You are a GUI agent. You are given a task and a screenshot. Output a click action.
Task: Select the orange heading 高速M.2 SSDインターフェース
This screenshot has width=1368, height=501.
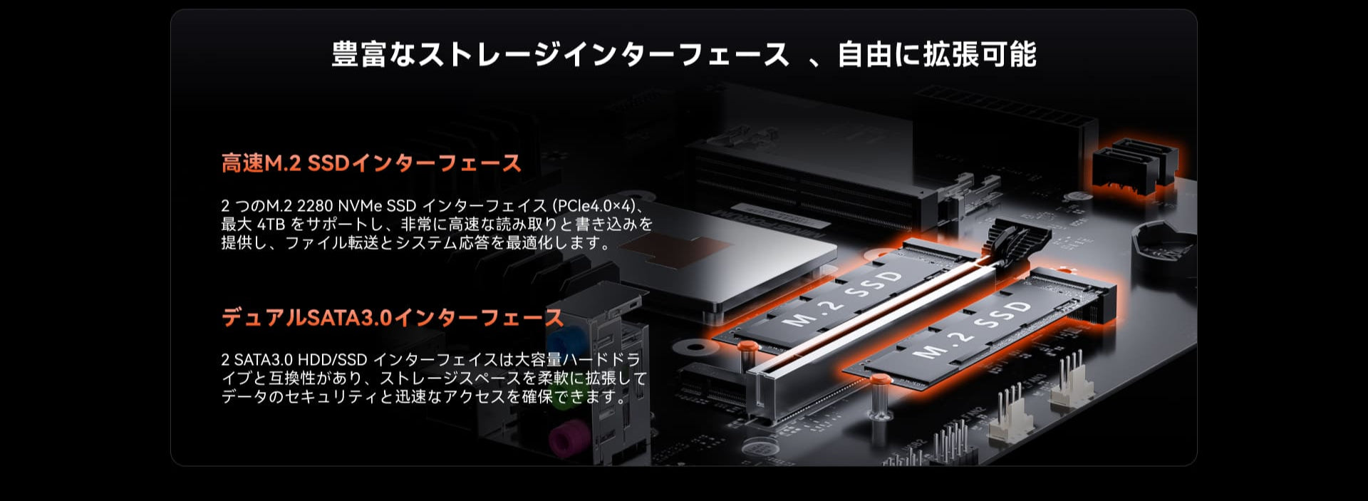point(371,163)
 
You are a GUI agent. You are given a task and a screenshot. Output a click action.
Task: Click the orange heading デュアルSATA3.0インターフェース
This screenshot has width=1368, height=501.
point(393,317)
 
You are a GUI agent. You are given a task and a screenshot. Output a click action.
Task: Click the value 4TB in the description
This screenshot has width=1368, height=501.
point(271,224)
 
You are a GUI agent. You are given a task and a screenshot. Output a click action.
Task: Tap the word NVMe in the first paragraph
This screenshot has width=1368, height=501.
point(360,206)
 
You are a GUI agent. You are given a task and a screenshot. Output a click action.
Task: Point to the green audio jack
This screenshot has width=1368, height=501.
point(563,396)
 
